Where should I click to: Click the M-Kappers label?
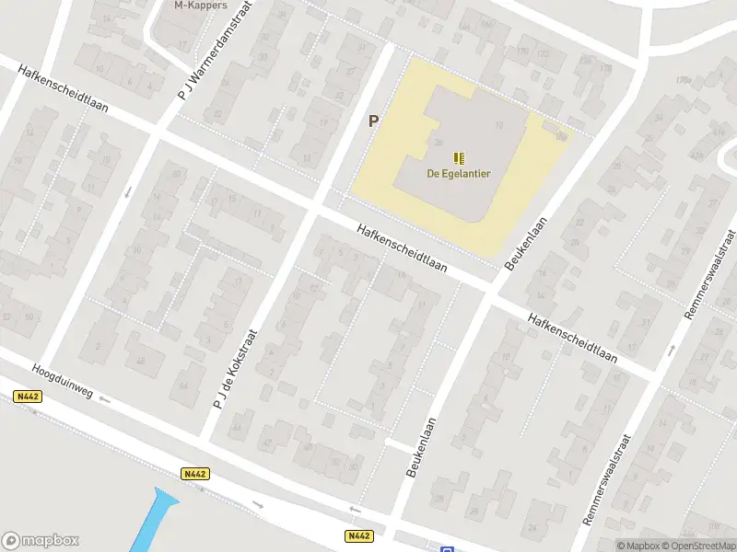(201, 5)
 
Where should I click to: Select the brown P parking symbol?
(374, 121)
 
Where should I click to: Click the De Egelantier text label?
(457, 174)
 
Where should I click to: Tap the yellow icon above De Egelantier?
(459, 157)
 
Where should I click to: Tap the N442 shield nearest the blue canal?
(194, 474)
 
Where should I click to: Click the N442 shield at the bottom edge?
(359, 535)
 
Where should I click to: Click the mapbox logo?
(41, 541)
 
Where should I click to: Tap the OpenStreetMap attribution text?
(698, 546)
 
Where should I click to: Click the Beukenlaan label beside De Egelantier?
(526, 243)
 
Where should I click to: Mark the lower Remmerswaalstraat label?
(607, 480)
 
